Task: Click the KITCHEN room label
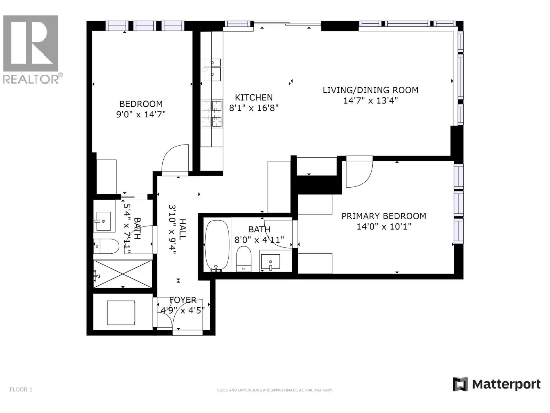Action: click(254, 97)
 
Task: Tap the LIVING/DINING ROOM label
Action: click(370, 90)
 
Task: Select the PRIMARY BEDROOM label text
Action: click(384, 216)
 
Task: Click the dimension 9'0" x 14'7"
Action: click(141, 115)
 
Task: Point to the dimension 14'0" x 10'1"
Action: click(384, 227)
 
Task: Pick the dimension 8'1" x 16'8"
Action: click(254, 108)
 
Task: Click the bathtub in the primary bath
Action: click(217, 245)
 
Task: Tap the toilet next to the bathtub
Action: click(244, 259)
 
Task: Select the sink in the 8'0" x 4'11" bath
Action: click(271, 262)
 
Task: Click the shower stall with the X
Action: click(123, 274)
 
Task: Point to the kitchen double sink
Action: click(212, 70)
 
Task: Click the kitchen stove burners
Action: click(212, 114)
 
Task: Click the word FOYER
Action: click(183, 300)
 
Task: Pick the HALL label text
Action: click(183, 229)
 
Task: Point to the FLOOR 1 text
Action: click(21, 390)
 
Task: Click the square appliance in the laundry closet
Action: click(121, 313)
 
